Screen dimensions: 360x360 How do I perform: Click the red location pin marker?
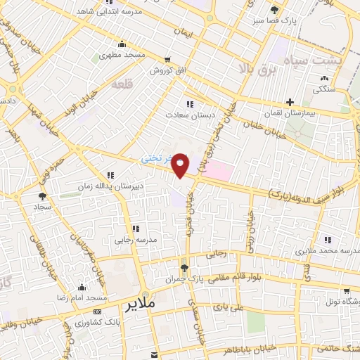(x=181, y=165)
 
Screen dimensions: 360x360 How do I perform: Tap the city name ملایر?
(x=141, y=307)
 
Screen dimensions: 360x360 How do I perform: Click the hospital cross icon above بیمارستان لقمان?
(x=289, y=102)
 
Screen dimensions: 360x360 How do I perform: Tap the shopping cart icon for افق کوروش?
(x=167, y=60)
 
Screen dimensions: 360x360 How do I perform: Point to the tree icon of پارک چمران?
(x=184, y=267)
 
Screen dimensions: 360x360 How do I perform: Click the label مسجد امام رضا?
(x=79, y=299)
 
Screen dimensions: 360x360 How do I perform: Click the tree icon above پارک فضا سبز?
(x=274, y=10)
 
